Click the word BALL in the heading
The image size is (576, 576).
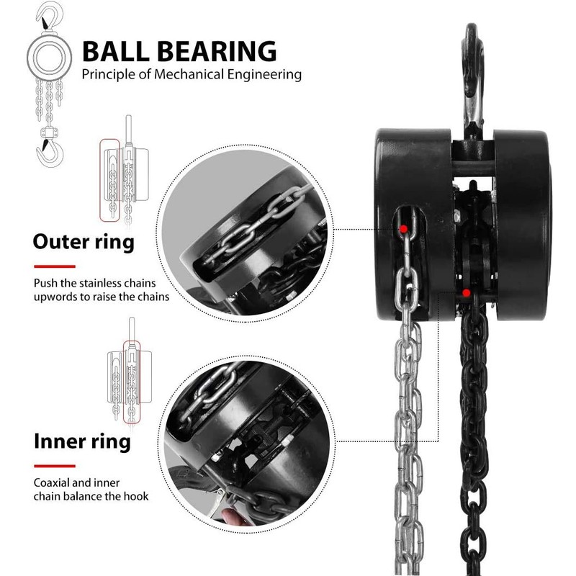116,51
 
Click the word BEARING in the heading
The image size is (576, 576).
217,51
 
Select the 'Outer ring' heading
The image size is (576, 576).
84,242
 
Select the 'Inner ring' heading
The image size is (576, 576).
82,441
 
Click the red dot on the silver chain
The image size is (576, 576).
405,229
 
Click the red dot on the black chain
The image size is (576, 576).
467,292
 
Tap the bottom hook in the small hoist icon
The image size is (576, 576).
47,150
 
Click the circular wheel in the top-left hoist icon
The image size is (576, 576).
48,55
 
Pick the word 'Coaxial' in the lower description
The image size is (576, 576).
54,482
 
